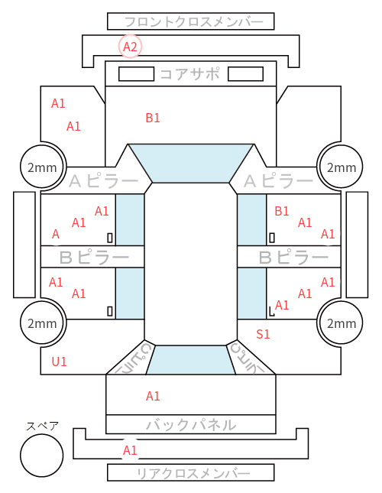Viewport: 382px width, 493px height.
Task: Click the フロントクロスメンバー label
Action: coord(193,21)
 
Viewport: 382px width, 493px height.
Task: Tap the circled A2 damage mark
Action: coord(130,47)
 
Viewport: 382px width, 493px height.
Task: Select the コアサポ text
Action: coord(190,74)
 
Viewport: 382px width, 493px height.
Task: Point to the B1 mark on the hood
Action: coord(153,118)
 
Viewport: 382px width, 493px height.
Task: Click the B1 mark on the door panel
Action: coord(281,211)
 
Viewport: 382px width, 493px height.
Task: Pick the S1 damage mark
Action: coord(263,334)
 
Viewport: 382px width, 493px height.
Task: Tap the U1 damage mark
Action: coord(59,362)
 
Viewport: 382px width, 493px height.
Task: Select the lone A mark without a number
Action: coord(56,234)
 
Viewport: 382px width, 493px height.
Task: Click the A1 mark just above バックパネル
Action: coord(153,396)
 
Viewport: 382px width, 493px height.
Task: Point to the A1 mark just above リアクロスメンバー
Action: coord(130,450)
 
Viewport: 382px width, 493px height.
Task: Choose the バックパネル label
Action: coord(191,425)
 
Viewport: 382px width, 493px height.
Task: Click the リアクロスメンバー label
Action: coord(193,473)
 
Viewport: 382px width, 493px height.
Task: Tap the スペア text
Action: coord(42,426)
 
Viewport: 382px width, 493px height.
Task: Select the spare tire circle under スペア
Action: coord(42,456)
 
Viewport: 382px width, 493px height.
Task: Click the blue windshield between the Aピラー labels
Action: coord(191,163)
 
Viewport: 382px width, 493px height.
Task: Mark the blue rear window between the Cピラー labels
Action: coord(191,360)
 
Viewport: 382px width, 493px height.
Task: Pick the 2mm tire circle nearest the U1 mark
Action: coord(43,323)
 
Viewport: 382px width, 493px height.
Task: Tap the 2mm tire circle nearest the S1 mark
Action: coord(342,323)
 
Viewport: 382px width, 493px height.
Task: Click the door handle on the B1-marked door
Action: coord(272,238)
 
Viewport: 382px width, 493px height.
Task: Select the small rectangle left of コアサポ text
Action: coord(136,74)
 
